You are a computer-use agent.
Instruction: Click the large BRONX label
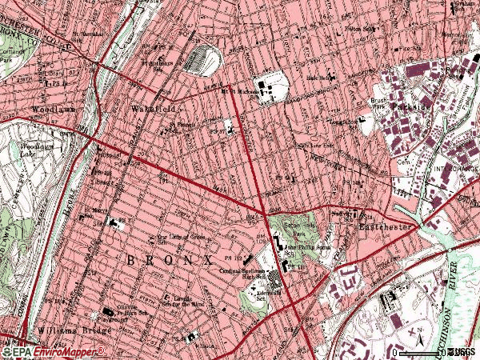tap(168, 261)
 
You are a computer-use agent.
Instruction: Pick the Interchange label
tap(455, 169)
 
